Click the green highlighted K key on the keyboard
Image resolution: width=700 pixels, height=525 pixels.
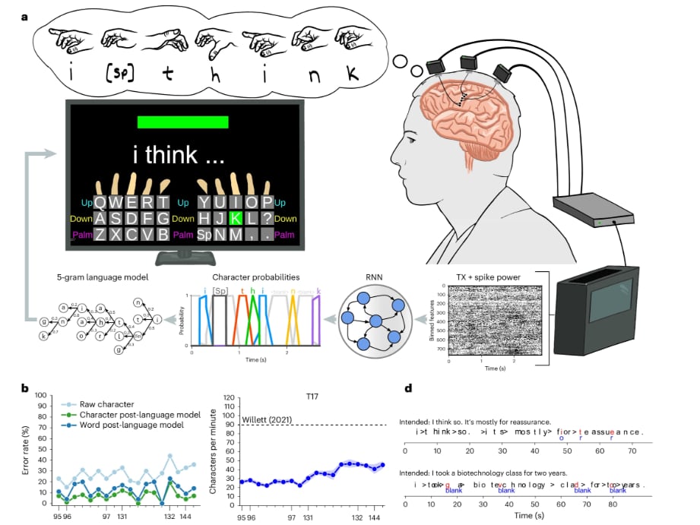pyautogui.click(x=236, y=218)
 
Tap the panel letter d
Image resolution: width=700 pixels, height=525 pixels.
pyautogui.click(x=408, y=389)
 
